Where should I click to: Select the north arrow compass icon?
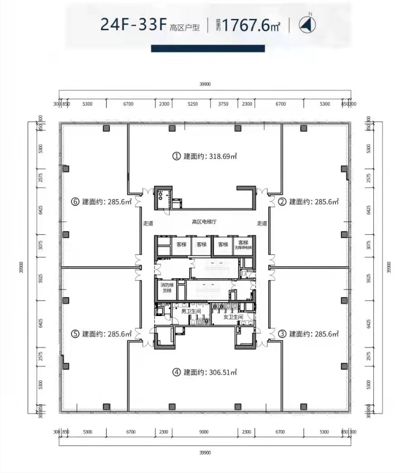coord(307,24)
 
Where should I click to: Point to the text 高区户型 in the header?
coord(185,27)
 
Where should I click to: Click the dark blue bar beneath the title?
coord(207,49)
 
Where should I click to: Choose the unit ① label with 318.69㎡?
coord(205,156)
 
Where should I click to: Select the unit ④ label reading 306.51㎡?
coord(205,372)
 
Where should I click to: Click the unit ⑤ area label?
coord(101,334)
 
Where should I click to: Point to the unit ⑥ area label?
coord(101,202)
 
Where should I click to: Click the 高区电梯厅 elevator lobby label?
coord(204,222)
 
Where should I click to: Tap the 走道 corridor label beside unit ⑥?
coord(148,223)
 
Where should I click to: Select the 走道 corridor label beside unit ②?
coord(262,223)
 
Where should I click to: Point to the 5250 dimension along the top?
coord(192,104)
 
